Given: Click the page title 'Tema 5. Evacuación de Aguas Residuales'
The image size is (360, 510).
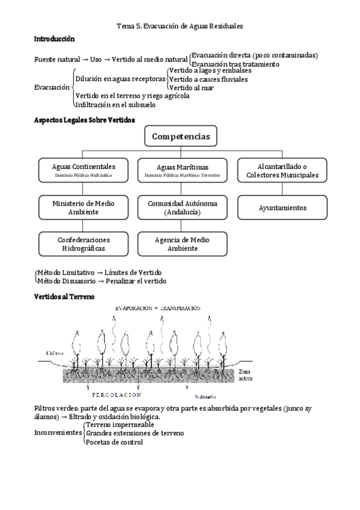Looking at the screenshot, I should pyautogui.click(x=180, y=26).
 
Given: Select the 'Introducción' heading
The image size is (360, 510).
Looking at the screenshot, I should pyautogui.click(x=54, y=39).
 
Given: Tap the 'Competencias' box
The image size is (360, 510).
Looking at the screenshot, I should pyautogui.click(x=180, y=137).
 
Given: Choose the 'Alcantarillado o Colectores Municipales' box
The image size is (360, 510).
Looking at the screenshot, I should pyautogui.click(x=282, y=170).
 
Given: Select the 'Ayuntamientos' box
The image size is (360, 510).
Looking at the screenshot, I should pyautogui.click(x=282, y=207).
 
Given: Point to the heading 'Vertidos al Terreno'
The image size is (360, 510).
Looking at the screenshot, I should pyautogui.click(x=63, y=296).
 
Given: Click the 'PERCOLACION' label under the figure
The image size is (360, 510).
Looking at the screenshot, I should pyautogui.click(x=117, y=395).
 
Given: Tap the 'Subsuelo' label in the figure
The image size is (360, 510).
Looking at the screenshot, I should pyautogui.click(x=206, y=397).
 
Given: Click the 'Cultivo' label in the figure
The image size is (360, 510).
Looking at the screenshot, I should pyautogui.click(x=56, y=354).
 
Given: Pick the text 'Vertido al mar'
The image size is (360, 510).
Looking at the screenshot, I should pyautogui.click(x=191, y=88).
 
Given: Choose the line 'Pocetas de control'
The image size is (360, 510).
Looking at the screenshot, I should pyautogui.click(x=114, y=442).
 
